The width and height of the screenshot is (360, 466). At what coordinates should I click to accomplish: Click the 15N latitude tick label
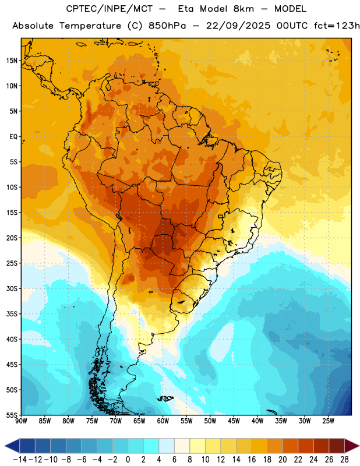(12, 61)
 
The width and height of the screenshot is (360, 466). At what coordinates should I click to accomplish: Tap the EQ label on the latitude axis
(13, 137)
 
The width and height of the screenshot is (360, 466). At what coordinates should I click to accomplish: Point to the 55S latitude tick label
(12, 415)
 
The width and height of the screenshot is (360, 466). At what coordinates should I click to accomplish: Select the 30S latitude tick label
(12, 288)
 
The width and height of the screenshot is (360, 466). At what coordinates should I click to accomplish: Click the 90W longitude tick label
(21, 421)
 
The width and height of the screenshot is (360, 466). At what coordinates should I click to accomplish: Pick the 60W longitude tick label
(163, 421)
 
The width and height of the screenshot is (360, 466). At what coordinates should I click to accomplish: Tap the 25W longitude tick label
(328, 421)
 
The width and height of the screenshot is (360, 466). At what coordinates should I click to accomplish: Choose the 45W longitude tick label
(234, 421)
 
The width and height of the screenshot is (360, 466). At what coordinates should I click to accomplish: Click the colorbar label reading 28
(344, 460)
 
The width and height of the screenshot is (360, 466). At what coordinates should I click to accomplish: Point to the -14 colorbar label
(20, 460)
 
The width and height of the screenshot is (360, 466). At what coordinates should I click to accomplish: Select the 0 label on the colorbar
(128, 460)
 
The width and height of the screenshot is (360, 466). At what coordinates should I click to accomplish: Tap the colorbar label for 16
(252, 460)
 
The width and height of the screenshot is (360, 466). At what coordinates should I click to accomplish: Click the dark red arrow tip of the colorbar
(359, 446)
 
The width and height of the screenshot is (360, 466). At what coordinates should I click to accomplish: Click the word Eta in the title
(186, 9)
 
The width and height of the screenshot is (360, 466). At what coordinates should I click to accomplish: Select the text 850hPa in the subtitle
(167, 26)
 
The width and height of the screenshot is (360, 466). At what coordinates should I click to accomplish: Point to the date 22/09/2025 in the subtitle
(238, 26)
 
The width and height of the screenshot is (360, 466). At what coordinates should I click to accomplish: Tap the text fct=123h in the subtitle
(337, 26)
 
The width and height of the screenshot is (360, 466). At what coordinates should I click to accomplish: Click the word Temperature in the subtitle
(90, 26)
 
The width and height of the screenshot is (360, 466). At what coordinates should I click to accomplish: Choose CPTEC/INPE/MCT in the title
(110, 9)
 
